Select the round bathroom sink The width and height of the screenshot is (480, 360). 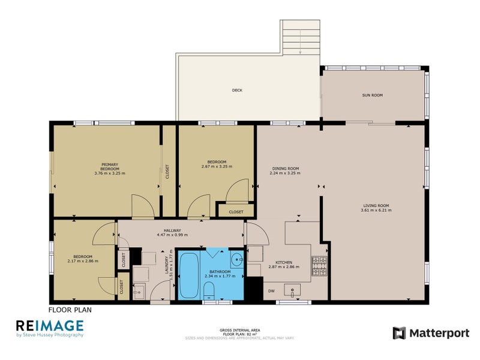pos(236,261)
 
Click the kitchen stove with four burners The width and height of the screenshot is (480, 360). pos(319,267)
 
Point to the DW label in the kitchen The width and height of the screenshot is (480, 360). pos(271,291)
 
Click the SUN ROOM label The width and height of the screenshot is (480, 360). pos(372,95)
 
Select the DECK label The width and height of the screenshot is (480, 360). pos(237,91)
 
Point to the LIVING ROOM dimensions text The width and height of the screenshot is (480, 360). pos(376,210)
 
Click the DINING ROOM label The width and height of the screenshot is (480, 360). pos(285,169)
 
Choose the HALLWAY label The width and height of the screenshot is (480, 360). pos(172,230)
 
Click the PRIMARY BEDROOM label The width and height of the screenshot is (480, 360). pos(109,167)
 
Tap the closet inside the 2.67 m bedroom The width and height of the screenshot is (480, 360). pos(236,212)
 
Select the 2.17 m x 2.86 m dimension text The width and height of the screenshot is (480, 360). pos(83,261)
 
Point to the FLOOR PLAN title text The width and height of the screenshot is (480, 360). pos(70,310)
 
